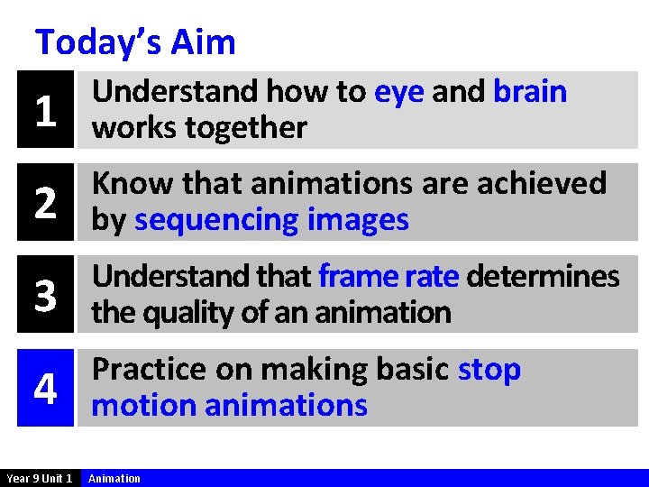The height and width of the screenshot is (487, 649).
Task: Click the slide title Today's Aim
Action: (135, 42)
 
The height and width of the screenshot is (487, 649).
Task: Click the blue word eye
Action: (398, 92)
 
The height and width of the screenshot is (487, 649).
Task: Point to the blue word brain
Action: (530, 92)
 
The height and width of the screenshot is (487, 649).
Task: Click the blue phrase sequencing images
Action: (271, 220)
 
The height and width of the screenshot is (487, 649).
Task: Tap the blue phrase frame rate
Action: (388, 276)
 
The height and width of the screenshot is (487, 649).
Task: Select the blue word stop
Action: (489, 370)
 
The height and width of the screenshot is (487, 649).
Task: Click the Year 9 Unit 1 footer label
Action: (40, 478)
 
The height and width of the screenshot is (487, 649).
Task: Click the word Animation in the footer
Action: (114, 478)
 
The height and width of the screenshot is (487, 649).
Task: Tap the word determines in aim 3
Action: (543, 276)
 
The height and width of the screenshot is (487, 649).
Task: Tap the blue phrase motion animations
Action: (230, 406)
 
